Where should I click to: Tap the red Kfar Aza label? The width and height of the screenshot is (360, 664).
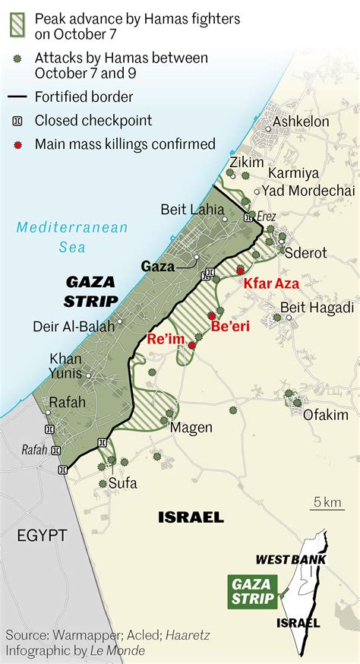pyautogui.click(x=271, y=283)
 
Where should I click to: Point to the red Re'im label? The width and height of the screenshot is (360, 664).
pyautogui.click(x=167, y=339)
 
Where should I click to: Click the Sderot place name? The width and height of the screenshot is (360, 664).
pyautogui.click(x=305, y=253)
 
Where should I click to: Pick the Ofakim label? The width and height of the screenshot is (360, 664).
pyautogui.click(x=325, y=415)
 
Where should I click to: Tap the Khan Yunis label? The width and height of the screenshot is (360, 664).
pyautogui.click(x=67, y=365)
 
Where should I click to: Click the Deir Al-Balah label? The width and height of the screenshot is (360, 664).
pyautogui.click(x=74, y=327)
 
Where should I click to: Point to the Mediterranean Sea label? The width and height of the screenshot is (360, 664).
pyautogui.click(x=73, y=236)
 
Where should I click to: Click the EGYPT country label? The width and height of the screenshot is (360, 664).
pyautogui.click(x=42, y=535)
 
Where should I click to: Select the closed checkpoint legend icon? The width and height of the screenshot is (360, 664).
pyautogui.click(x=17, y=120)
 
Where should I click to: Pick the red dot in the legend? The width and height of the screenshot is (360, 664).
pyautogui.click(x=17, y=144)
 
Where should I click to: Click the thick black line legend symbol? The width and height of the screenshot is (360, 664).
pyautogui.click(x=17, y=96)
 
